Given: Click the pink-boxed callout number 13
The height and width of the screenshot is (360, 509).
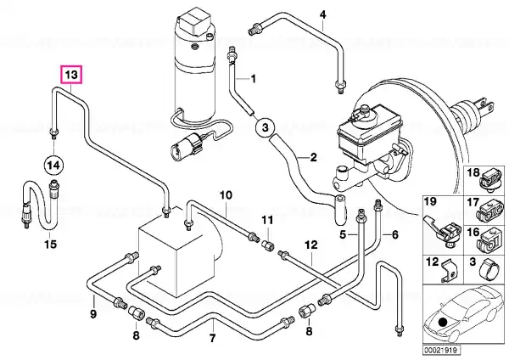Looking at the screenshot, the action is (x=72, y=75).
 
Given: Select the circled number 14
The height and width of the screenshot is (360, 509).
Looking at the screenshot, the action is (x=53, y=166).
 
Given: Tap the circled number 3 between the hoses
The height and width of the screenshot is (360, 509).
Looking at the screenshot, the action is (x=266, y=127).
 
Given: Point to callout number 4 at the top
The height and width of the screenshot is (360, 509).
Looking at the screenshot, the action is (x=322, y=14).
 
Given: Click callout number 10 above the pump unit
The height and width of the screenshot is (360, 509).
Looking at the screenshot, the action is (x=226, y=195).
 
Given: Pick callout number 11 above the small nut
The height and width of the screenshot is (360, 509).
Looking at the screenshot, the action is (x=268, y=220).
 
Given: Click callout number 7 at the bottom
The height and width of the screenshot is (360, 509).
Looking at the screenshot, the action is (x=212, y=338).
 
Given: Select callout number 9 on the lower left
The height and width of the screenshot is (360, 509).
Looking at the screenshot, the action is (x=93, y=314).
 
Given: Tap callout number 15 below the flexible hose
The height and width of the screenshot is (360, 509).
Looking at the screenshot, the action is (x=51, y=244).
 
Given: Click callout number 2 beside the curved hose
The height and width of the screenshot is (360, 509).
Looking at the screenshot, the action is (x=313, y=157).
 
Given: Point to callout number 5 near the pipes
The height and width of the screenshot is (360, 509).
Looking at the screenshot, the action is (x=343, y=234).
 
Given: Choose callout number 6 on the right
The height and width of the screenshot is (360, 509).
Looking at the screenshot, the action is (x=395, y=234).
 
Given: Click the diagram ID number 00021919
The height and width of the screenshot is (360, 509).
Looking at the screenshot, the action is (x=441, y=351).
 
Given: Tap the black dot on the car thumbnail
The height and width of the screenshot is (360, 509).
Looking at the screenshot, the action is (x=443, y=322).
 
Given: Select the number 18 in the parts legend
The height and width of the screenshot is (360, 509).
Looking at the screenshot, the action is (x=473, y=172).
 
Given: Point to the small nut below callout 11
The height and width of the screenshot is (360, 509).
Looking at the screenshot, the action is (x=268, y=244).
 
